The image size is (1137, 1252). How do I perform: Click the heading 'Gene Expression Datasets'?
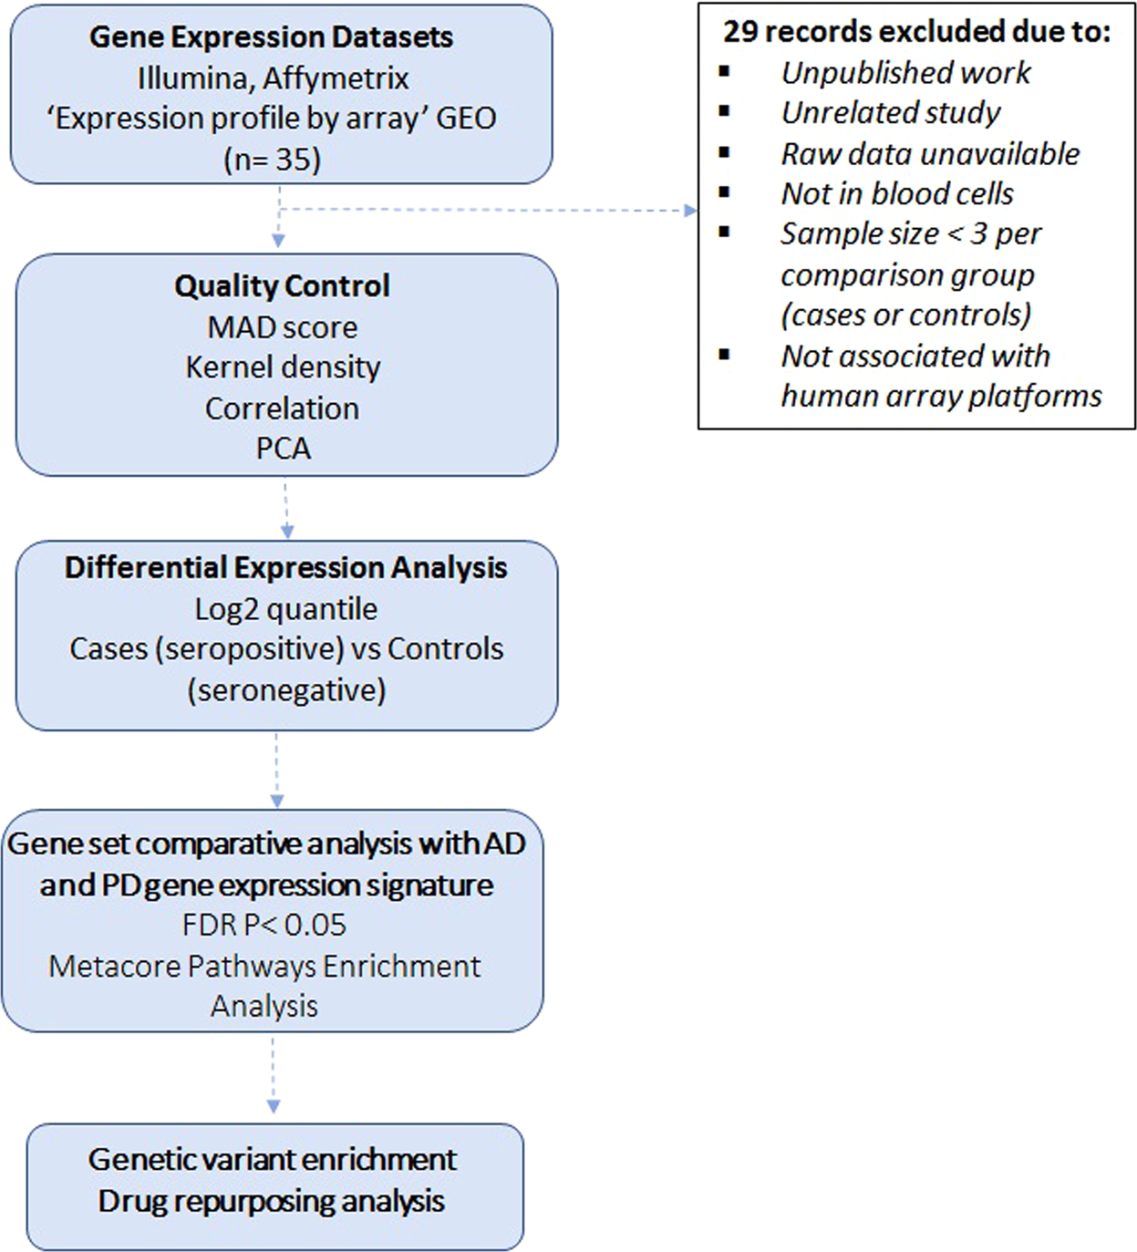tap(271, 37)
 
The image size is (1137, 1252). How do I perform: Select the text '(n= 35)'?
tap(272, 160)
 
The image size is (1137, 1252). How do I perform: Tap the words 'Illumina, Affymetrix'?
tap(273, 78)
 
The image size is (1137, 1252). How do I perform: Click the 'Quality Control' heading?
tap(282, 286)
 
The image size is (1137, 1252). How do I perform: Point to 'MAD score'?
tap(282, 327)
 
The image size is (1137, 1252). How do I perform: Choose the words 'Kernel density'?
tap(283, 367)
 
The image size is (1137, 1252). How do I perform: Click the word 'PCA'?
tap(283, 449)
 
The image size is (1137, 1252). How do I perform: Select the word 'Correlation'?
tap(282, 409)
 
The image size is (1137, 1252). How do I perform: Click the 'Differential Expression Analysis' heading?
tap(285, 568)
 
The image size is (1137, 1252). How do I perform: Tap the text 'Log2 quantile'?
tap(285, 609)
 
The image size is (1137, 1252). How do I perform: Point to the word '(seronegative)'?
tap(286, 690)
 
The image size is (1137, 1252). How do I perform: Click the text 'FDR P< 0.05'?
tap(264, 926)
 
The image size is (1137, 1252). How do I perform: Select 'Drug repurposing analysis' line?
tap(272, 1202)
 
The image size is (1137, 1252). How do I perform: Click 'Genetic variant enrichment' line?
tap(272, 1160)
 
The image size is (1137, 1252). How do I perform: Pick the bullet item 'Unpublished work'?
tap(905, 73)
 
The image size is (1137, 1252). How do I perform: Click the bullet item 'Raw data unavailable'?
tap(930, 154)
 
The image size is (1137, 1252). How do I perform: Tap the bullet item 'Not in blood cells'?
tap(897, 194)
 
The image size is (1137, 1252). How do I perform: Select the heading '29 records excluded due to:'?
tap(916, 32)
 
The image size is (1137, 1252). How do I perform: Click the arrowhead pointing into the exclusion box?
tap(690, 211)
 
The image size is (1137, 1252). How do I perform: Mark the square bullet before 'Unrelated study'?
tap(725, 111)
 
